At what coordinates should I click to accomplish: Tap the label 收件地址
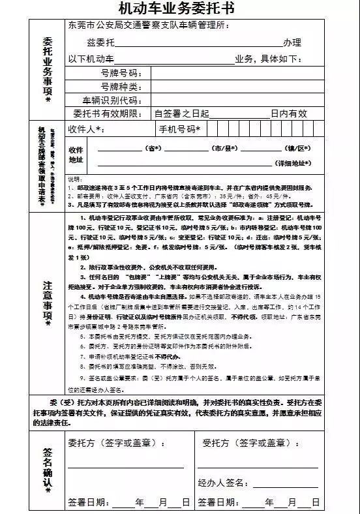pos(76,155)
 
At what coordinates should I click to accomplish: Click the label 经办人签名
pos(222,483)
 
